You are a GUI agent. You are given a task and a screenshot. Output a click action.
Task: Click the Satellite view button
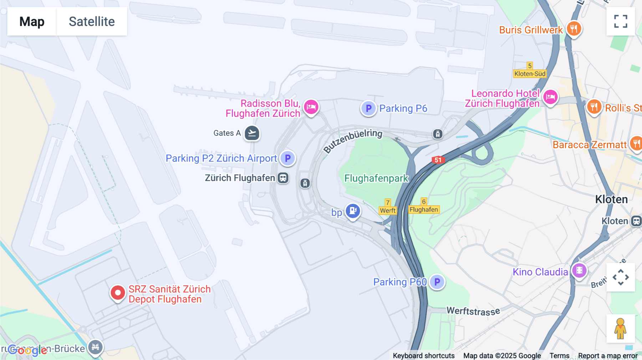(92, 21)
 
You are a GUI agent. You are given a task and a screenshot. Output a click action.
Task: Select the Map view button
(32, 21)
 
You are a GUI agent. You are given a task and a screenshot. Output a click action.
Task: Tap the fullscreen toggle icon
(621, 21)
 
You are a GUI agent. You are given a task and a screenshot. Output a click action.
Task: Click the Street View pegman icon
(620, 328)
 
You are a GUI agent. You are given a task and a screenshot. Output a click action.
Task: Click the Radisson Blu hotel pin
(311, 107)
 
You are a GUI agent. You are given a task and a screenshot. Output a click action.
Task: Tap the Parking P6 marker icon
(368, 108)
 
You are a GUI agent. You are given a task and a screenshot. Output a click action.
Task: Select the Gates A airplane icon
(252, 133)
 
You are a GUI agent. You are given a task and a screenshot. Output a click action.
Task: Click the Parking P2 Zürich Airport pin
(287, 158)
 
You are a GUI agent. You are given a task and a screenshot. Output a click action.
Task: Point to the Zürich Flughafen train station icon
(283, 178)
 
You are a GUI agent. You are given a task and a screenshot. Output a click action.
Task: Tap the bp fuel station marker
(353, 211)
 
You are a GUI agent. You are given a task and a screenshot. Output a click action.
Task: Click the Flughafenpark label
(376, 178)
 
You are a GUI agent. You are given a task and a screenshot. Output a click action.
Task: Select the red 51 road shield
(438, 160)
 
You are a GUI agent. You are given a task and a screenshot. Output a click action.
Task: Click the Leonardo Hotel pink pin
(550, 97)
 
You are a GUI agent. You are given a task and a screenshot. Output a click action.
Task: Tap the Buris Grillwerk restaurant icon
(574, 29)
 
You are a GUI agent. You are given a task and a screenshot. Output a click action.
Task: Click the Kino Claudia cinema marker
(579, 271)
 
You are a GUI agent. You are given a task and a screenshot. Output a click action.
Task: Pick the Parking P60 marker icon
(437, 282)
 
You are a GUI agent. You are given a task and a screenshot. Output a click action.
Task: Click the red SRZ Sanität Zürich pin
(118, 293)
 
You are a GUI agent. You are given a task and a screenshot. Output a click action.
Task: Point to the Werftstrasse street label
(473, 311)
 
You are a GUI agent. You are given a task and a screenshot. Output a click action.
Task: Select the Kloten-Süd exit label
(530, 74)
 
